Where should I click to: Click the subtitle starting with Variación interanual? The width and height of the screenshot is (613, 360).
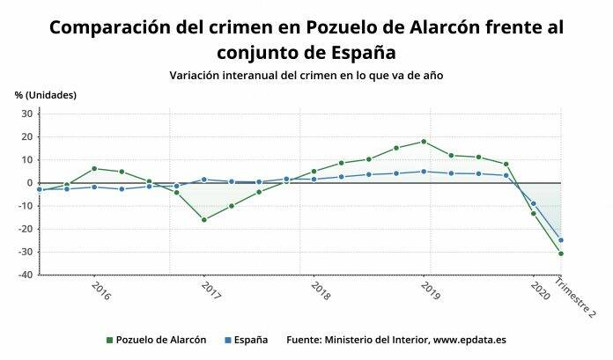tap(306, 76)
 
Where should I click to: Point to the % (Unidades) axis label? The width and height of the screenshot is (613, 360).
tap(46, 95)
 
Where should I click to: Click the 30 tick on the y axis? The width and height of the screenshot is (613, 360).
tap(26, 114)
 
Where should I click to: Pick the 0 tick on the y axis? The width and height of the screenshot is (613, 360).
tap(29, 183)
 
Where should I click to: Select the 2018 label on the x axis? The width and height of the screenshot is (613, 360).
tap(321, 290)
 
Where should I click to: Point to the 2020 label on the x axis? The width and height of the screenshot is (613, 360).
tap(536, 290)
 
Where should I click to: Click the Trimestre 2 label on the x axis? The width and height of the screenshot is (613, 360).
tap(574, 298)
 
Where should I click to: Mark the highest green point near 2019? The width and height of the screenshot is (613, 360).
tap(424, 142)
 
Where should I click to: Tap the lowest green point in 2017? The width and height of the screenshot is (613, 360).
tap(204, 219)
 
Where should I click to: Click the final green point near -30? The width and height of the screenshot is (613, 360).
tap(561, 253)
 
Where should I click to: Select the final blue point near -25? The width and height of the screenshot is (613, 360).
tap(561, 240)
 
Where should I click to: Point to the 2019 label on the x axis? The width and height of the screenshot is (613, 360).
tap(431, 290)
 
